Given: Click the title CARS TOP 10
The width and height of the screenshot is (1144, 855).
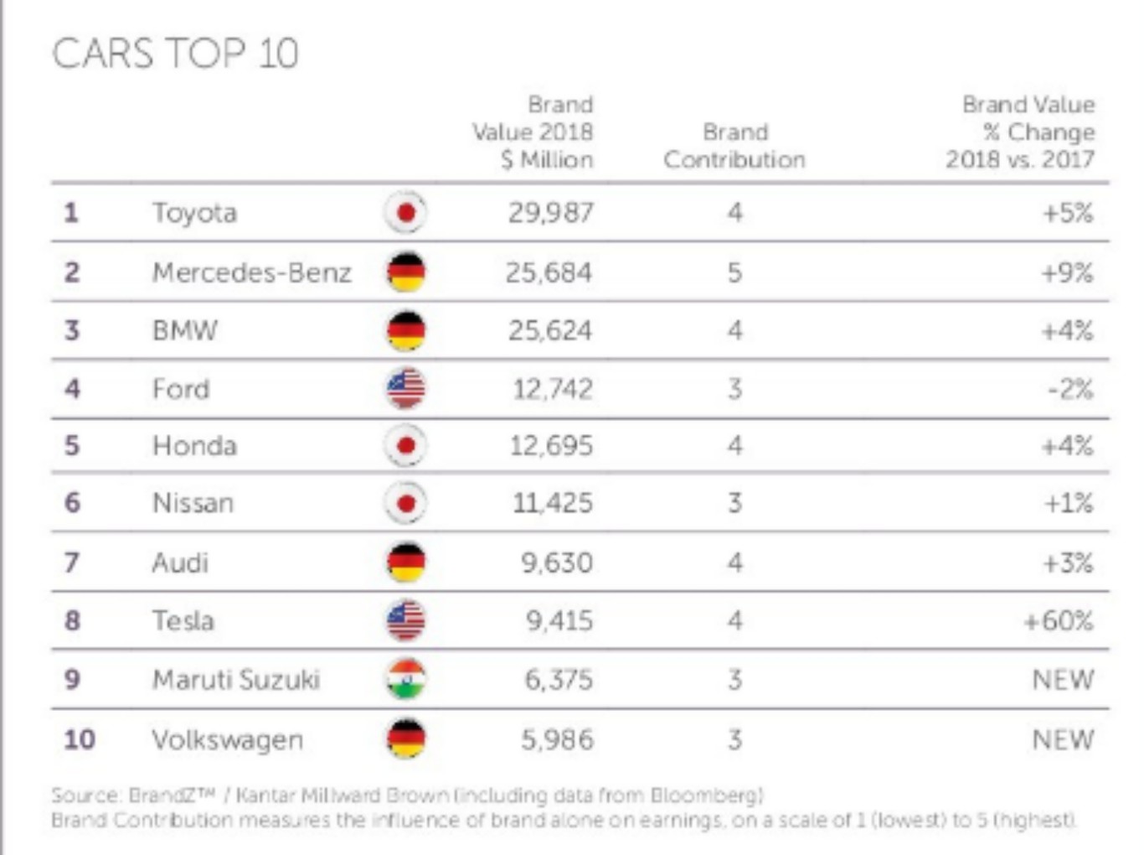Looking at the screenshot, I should pyautogui.click(x=175, y=54).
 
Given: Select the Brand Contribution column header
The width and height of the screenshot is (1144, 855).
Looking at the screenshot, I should pyautogui.click(x=734, y=146).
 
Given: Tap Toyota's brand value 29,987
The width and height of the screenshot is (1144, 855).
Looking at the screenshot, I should pyautogui.click(x=550, y=213).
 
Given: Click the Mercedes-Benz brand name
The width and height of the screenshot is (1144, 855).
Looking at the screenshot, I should pyautogui.click(x=251, y=272).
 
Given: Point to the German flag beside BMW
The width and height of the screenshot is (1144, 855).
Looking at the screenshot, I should pyautogui.click(x=406, y=331).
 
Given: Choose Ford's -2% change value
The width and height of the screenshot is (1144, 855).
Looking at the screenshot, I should pyautogui.click(x=1070, y=389).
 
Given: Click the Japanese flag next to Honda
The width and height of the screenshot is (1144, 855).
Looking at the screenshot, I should pyautogui.click(x=406, y=446).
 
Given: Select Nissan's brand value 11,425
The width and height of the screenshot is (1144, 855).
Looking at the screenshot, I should pyautogui.click(x=552, y=503).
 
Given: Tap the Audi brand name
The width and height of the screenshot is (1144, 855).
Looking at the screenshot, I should pyautogui.click(x=180, y=562).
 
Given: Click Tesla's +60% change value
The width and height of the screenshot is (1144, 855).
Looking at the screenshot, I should pyautogui.click(x=1059, y=621).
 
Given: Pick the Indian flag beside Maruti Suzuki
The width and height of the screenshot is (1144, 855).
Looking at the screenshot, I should pyautogui.click(x=406, y=680).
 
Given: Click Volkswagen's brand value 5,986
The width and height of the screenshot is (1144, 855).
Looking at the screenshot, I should pyautogui.click(x=557, y=740).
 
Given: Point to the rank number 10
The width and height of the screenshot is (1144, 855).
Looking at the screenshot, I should pyautogui.click(x=80, y=740).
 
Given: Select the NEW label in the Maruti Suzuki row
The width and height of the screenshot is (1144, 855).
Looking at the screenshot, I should pyautogui.click(x=1063, y=680).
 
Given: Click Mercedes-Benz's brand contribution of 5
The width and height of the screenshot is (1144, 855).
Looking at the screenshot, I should pyautogui.click(x=734, y=272).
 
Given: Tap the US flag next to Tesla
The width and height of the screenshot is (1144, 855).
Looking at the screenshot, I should pyautogui.click(x=406, y=621).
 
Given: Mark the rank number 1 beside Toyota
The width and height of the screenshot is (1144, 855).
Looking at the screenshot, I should pyautogui.click(x=71, y=213).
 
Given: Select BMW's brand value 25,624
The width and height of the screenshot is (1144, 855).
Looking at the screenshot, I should pyautogui.click(x=549, y=331).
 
